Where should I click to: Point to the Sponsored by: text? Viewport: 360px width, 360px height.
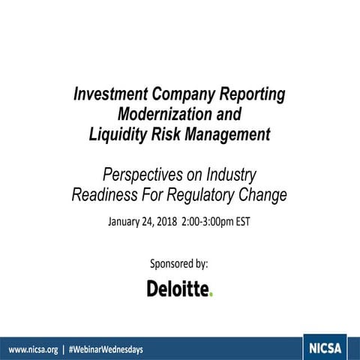[x=179, y=264]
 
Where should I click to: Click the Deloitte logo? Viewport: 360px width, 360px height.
[x=179, y=288]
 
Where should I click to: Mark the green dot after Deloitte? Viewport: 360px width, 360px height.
[x=211, y=293]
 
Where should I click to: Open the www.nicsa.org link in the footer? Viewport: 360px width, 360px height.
[x=33, y=349]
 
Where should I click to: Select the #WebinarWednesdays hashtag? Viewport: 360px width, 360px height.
[x=106, y=349]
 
